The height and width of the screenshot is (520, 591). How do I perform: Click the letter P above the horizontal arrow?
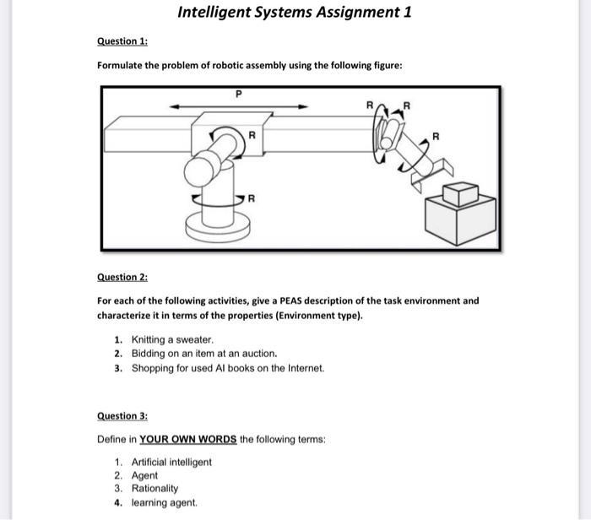238,95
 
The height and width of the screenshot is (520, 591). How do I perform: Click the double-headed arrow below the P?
238,106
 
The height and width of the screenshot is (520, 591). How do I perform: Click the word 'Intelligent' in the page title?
220,12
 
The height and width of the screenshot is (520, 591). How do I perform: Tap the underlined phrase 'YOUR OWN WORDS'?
187,440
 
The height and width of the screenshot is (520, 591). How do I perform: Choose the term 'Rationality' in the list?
155,489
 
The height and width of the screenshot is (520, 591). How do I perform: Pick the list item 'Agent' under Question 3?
144,475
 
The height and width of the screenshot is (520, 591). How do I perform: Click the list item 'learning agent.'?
165,502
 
